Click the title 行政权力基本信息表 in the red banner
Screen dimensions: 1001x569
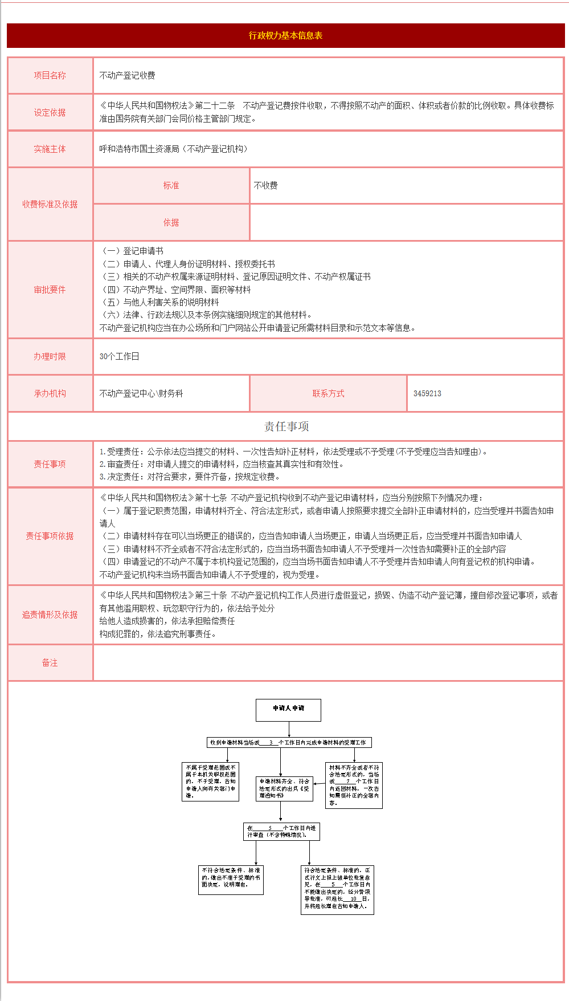tap(285, 35)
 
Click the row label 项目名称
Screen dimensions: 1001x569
tap(50, 75)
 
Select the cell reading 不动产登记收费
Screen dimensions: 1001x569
tap(128, 75)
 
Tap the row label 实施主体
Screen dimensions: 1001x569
tap(50, 149)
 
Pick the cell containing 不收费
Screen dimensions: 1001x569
tap(266, 185)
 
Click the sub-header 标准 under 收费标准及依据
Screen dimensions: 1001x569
tap(171, 185)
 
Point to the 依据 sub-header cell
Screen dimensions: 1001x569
tap(171, 222)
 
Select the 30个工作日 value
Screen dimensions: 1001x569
tap(120, 356)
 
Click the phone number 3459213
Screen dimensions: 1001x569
tap(427, 393)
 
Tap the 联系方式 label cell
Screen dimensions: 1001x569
tap(328, 393)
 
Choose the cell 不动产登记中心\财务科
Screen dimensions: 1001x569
tap(141, 393)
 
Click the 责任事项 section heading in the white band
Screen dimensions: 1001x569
tap(286, 426)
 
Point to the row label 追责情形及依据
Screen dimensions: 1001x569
tap(50, 615)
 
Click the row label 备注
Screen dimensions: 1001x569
tap(50, 662)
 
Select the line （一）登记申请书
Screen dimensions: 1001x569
tap(132, 251)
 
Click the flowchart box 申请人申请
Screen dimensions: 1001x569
tap(288, 710)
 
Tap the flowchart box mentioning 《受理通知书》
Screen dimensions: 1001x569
tap(284, 788)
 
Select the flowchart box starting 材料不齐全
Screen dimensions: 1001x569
tap(354, 786)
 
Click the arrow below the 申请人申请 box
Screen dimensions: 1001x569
tap(289, 729)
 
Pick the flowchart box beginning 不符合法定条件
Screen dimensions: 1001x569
tap(231, 880)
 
